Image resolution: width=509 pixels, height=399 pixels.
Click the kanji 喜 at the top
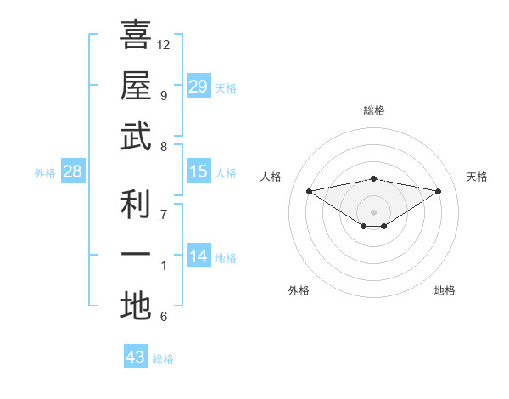click(x=136, y=35)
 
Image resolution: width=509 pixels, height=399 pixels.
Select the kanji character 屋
click(x=136, y=86)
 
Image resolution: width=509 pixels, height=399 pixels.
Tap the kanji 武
click(x=136, y=138)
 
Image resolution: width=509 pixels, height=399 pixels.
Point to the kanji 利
click(x=136, y=205)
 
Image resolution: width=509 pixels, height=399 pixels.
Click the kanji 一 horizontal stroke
click(x=136, y=256)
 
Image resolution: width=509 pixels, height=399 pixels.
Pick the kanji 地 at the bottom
click(x=136, y=307)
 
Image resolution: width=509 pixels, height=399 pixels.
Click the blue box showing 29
click(x=199, y=86)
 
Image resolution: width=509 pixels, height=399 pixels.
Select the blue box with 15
click(x=199, y=171)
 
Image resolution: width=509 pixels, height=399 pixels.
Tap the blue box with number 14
click(x=199, y=256)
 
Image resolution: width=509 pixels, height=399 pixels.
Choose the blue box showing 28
click(x=73, y=171)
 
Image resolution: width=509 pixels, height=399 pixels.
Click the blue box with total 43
click(x=136, y=357)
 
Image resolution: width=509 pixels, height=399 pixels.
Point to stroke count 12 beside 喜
click(x=164, y=44)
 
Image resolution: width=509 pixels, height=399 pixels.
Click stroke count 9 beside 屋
click(x=163, y=95)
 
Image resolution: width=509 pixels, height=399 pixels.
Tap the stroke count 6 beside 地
click(x=163, y=317)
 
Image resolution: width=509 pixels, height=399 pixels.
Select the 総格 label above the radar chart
click(x=373, y=110)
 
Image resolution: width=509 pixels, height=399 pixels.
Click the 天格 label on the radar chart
click(x=477, y=177)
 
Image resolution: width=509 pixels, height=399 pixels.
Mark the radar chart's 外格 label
click(x=299, y=290)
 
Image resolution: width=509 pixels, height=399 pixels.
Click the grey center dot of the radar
click(x=373, y=211)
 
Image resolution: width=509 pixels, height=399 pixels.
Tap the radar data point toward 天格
click(x=439, y=191)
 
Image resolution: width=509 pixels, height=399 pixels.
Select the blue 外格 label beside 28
click(x=45, y=172)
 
